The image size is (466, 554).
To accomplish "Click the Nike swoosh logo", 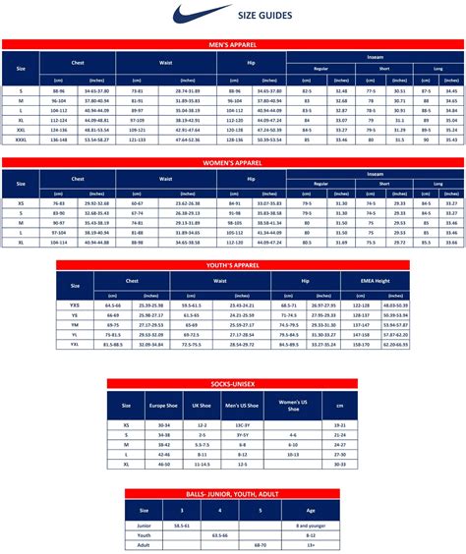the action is (x=191, y=14).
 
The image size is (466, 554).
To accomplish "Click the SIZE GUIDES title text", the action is (x=262, y=15).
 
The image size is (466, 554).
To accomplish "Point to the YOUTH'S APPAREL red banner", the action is (x=232, y=264).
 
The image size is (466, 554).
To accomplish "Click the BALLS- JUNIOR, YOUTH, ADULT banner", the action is (x=233, y=495).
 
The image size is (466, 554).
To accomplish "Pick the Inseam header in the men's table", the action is (x=374, y=57).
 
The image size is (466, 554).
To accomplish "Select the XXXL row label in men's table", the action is (x=21, y=139).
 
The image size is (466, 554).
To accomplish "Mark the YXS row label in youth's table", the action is (x=75, y=306).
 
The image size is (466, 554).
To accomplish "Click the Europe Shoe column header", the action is (x=164, y=406).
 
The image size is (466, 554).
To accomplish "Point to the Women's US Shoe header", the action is (x=291, y=406).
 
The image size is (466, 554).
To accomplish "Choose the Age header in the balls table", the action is (x=312, y=511).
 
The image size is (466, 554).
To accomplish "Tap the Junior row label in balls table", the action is (x=144, y=526).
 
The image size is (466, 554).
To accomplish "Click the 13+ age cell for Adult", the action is (x=312, y=543).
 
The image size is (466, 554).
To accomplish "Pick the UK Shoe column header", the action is (x=203, y=406).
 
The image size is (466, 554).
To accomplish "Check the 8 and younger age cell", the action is (x=312, y=526).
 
